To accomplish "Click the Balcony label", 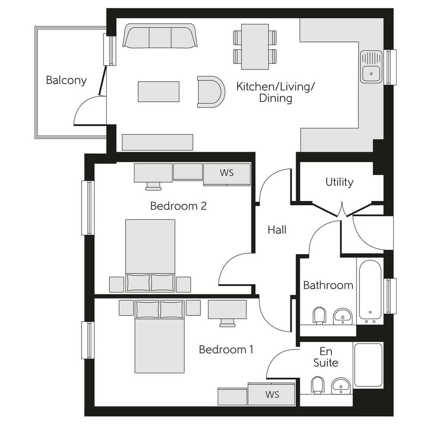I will coord(66,80).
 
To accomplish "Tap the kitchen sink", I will coord(371,67).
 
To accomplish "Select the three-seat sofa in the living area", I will coord(160,36).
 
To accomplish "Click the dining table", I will coord(255,46).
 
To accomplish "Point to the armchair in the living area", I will coord(210,92).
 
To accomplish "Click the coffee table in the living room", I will coord(159,92).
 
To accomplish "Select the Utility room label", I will coord(339,182).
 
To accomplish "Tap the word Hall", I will coord(277,229).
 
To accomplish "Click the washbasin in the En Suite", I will coord(341,386).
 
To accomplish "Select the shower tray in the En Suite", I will coord(368,365).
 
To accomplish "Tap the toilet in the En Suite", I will coord(318,385).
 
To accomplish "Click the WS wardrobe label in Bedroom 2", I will coord(227,173).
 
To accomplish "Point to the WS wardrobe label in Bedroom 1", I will coord(272,395).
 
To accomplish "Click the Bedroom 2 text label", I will coord(178,206).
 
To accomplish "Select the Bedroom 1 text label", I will coord(226,350).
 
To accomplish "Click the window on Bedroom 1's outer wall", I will coord(88,340).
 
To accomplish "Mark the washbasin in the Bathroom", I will coord(342,316).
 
